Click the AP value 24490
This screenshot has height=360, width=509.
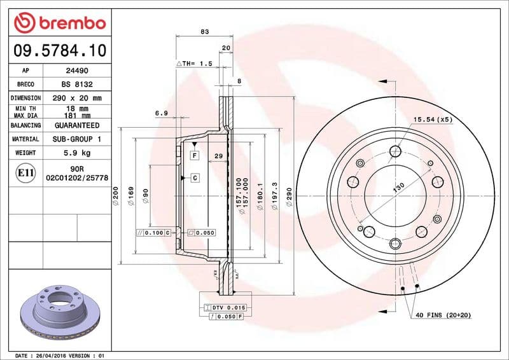click(x=77, y=71)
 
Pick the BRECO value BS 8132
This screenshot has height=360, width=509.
click(x=77, y=85)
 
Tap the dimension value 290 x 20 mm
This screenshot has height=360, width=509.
click(x=77, y=98)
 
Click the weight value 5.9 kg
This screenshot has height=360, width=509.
click(x=77, y=153)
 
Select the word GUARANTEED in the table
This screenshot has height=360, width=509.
click(x=77, y=125)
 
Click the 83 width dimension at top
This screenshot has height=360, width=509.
click(x=204, y=31)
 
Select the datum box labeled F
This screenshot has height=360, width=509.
click(x=194, y=155)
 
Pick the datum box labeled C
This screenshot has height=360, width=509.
click(x=194, y=177)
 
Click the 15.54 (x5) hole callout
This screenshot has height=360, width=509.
click(x=433, y=119)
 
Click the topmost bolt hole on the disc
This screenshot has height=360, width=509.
click(x=396, y=151)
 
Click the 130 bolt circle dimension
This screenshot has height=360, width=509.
click(x=398, y=189)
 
